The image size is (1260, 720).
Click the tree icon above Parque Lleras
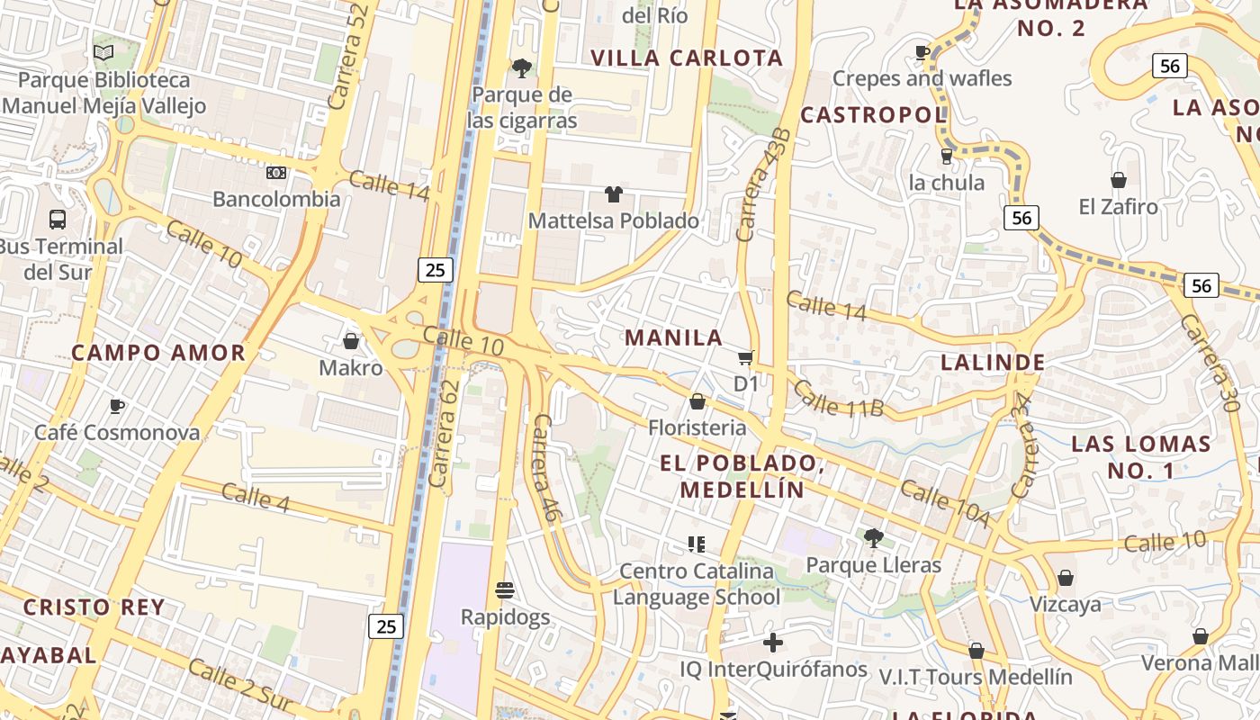872,538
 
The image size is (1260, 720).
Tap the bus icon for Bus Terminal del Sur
58,219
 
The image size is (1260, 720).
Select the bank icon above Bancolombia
276,172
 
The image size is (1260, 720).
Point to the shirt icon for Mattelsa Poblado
614,193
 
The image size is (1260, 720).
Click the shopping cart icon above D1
746,358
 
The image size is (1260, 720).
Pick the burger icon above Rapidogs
505,590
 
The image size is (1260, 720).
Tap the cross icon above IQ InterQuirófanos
772,643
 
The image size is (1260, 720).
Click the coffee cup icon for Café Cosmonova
117,406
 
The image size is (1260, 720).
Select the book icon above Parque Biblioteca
103,53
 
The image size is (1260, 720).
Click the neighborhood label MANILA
674,337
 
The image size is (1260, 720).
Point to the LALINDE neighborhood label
993,363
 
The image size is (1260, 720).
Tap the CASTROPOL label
873,114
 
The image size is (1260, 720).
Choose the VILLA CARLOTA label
687,58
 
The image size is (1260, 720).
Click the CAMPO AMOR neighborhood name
158,352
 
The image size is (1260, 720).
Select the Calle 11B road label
839,400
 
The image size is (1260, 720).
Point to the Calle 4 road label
255,498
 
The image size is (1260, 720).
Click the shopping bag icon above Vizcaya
1066,578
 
